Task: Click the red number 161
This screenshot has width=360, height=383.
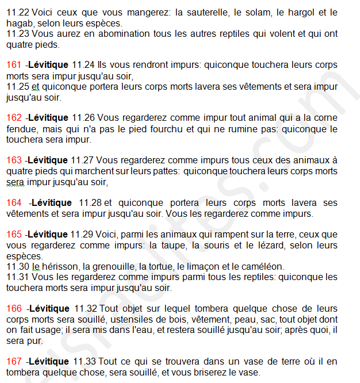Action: [14, 64]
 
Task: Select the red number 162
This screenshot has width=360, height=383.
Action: [14, 117]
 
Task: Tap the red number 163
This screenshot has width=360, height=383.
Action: [14, 160]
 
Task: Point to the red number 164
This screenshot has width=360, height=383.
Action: [14, 203]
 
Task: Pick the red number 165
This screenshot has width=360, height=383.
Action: [14, 235]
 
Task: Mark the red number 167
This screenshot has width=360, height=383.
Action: [14, 362]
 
